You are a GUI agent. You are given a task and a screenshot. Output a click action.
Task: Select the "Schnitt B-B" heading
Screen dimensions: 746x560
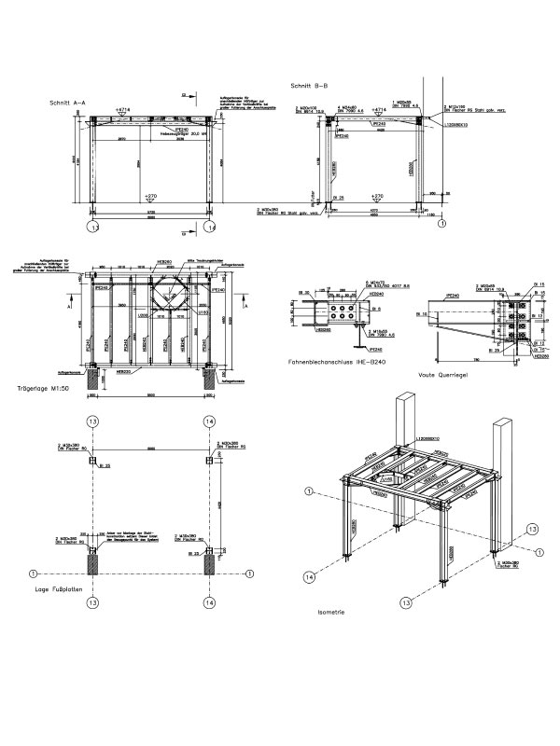point(310,85)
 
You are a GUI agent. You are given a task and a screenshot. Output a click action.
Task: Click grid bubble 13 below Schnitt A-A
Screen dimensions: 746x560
point(92,227)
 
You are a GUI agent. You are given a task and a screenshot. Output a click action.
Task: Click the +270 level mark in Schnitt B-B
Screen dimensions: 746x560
point(377,196)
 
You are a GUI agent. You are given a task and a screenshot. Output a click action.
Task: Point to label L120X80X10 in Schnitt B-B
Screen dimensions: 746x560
point(456,123)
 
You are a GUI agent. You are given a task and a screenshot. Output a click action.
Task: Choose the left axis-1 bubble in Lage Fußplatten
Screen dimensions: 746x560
point(33,573)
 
